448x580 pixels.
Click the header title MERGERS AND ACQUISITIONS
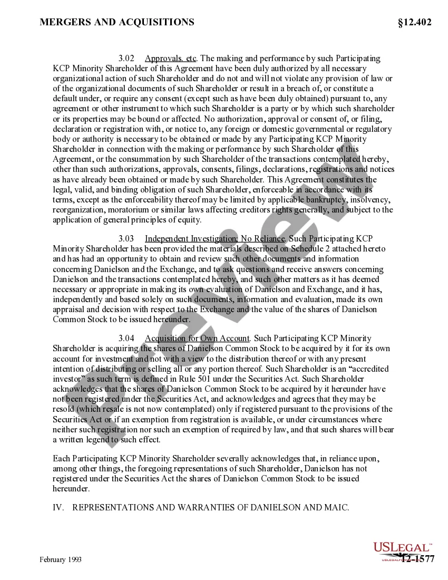click(x=117, y=22)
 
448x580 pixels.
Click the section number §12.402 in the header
click(x=415, y=22)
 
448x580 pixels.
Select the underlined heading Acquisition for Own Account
click(x=197, y=339)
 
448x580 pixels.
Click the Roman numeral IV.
click(x=59, y=508)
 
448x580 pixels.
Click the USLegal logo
click(x=403, y=548)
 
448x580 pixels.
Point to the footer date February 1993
click(x=61, y=559)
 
